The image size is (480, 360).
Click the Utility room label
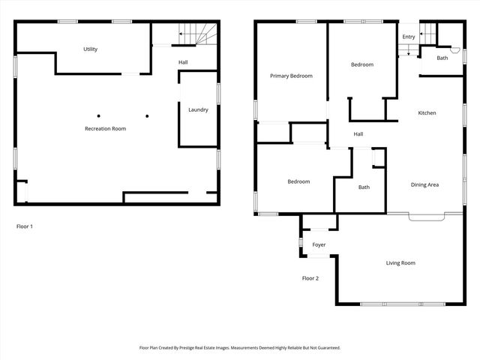pyautogui.click(x=90, y=49)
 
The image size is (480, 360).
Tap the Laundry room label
pyautogui.click(x=198, y=110)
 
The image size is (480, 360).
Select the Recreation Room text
pyautogui.click(x=105, y=129)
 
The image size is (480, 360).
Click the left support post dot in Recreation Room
pyautogui.click(x=98, y=115)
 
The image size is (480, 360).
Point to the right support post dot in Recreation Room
pyautogui.click(x=147, y=115)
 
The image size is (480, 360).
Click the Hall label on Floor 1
pyautogui.click(x=183, y=62)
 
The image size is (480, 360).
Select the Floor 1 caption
pyautogui.click(x=25, y=226)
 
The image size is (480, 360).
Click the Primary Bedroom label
pyautogui.click(x=291, y=76)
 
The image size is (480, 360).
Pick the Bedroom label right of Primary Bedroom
pyautogui.click(x=361, y=64)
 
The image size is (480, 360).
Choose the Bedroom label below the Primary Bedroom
pyautogui.click(x=298, y=181)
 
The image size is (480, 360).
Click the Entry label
pyautogui.click(x=408, y=37)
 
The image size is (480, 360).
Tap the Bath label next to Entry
pyautogui.click(x=442, y=58)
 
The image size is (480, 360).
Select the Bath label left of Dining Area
pyautogui.click(x=364, y=187)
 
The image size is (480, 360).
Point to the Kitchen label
pyautogui.click(x=427, y=113)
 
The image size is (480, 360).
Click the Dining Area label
pyautogui.click(x=424, y=184)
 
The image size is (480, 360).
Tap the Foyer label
pyautogui.click(x=319, y=245)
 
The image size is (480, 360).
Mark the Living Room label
pyautogui.click(x=400, y=263)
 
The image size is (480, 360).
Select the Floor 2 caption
pyautogui.click(x=310, y=278)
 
